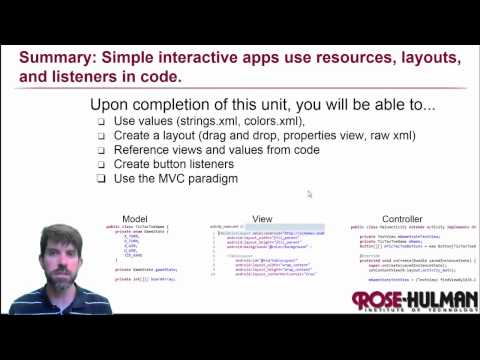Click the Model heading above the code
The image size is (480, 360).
point(135,218)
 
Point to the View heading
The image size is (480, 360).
point(262,218)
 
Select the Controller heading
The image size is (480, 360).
point(402,218)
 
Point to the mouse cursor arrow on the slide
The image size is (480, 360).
point(310,194)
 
